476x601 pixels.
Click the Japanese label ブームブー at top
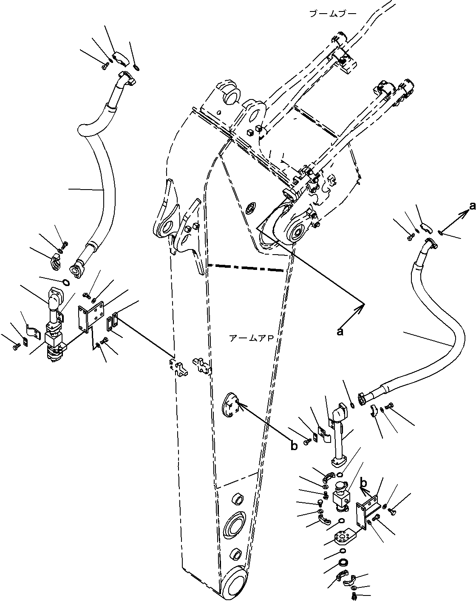tap(333, 14)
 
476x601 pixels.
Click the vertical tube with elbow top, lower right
tap(340, 438)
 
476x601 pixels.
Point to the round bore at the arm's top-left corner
tap(231, 96)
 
